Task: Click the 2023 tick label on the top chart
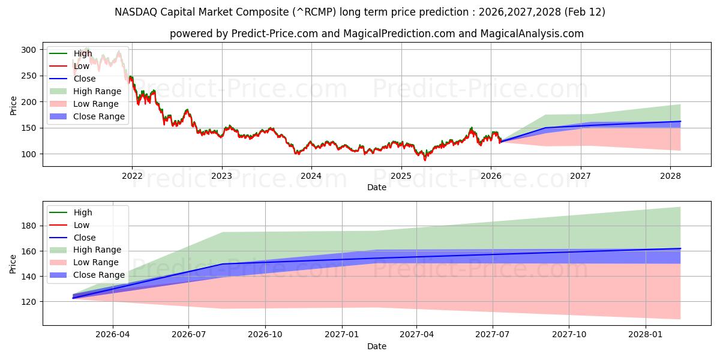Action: pyautogui.click(x=221, y=176)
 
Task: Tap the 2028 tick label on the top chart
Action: pyautogui.click(x=670, y=176)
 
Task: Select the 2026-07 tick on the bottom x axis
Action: pyautogui.click(x=188, y=334)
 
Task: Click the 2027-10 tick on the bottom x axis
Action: pyautogui.click(x=569, y=334)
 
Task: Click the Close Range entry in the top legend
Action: pyautogui.click(x=99, y=116)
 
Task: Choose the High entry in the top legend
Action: pyautogui.click(x=83, y=53)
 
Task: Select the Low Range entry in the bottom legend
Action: pyautogui.click(x=97, y=262)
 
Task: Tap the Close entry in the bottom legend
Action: pyautogui.click(x=85, y=238)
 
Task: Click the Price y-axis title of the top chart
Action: pyautogui.click(x=13, y=104)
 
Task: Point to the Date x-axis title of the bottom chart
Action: pyautogui.click(x=376, y=346)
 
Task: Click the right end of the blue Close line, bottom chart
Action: pyautogui.click(x=680, y=248)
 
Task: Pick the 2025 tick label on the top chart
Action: pyautogui.click(x=401, y=176)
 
